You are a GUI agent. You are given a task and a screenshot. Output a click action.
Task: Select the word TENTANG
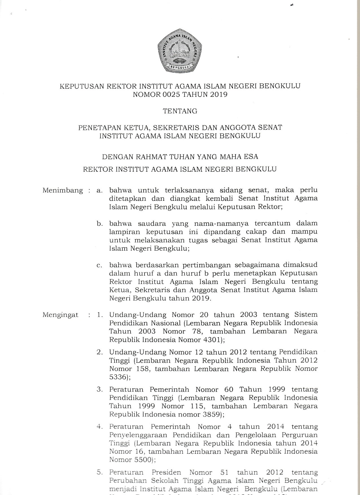coord(180,111)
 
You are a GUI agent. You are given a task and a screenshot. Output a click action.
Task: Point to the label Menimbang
coord(63,190)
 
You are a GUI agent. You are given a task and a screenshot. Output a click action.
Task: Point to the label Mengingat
coord(60,315)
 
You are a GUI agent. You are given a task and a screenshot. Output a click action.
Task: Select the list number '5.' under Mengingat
coord(99,472)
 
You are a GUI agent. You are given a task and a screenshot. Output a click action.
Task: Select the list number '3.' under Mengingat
coord(99,389)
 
